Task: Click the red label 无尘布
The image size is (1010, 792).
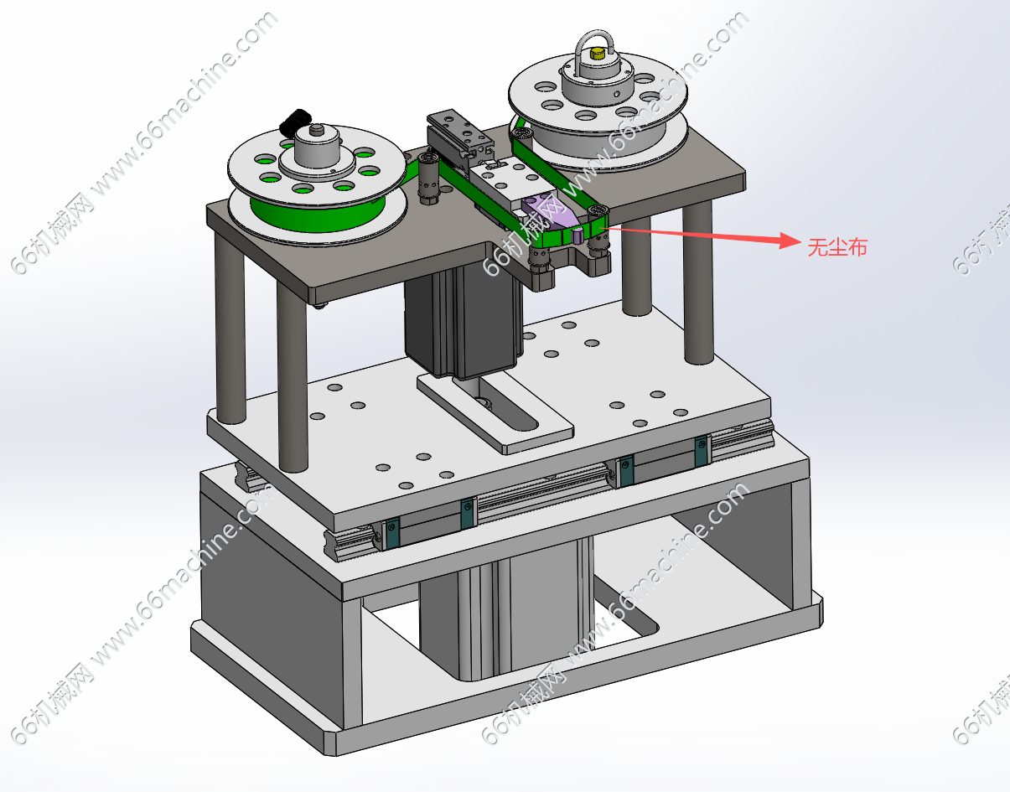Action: pyautogui.click(x=837, y=246)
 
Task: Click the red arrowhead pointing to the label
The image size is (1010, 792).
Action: pyautogui.click(x=790, y=241)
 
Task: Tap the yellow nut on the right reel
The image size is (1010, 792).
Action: pyautogui.click(x=596, y=54)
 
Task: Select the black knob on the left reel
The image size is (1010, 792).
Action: pyautogui.click(x=295, y=122)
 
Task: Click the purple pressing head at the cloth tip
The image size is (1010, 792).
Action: pyautogui.click(x=552, y=217)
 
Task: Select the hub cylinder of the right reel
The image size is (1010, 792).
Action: pyautogui.click(x=598, y=85)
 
